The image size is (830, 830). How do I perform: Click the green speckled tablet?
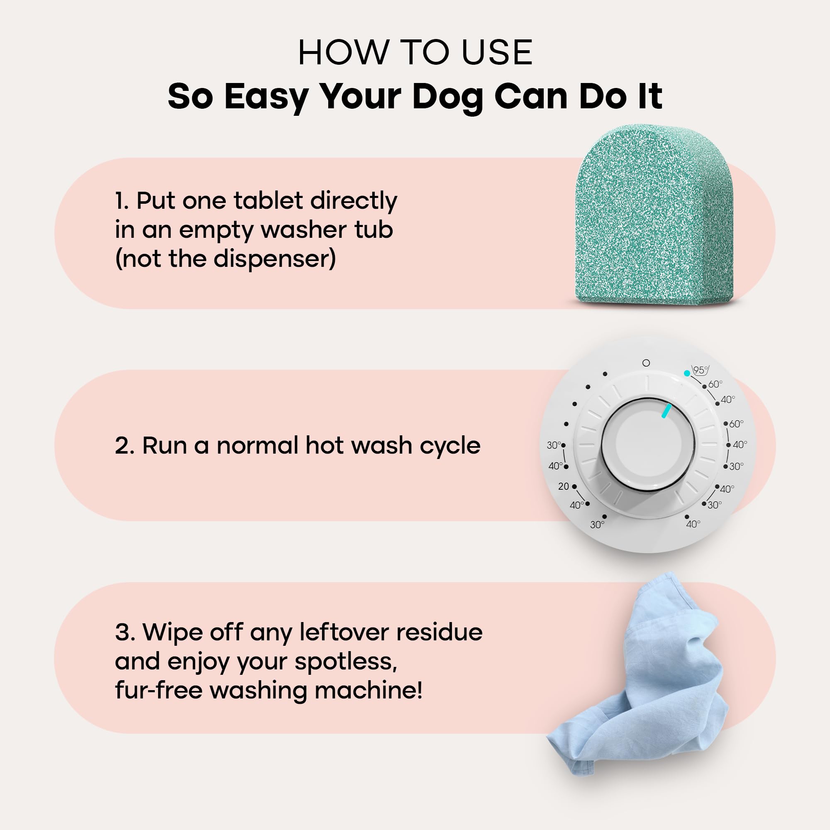pyautogui.click(x=654, y=215)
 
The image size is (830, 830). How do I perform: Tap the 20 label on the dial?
pyautogui.click(x=563, y=486)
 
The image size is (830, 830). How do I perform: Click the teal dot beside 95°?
pyautogui.click(x=687, y=373)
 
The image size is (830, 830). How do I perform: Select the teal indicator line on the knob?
pyautogui.click(x=666, y=410)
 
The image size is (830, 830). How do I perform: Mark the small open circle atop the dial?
pyautogui.click(x=646, y=363)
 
